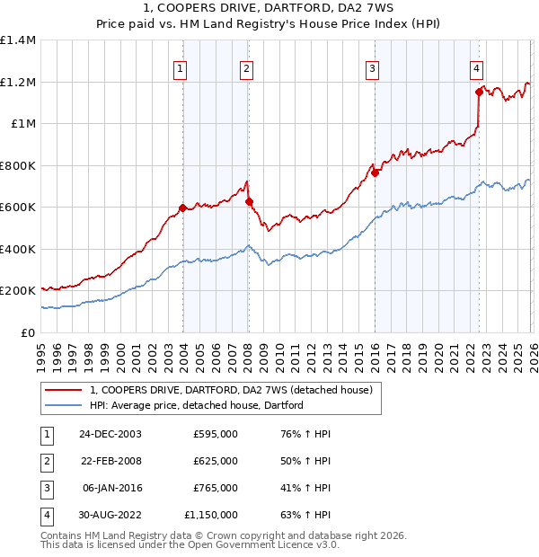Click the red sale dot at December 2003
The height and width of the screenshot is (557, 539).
pyautogui.click(x=183, y=208)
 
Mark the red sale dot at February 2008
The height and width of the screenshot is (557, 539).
pyautogui.click(x=249, y=202)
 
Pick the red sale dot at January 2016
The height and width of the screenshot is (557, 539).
pyautogui.click(x=375, y=173)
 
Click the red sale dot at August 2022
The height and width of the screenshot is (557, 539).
pyautogui.click(x=479, y=92)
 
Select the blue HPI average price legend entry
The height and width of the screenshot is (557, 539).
pyautogui.click(x=197, y=405)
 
